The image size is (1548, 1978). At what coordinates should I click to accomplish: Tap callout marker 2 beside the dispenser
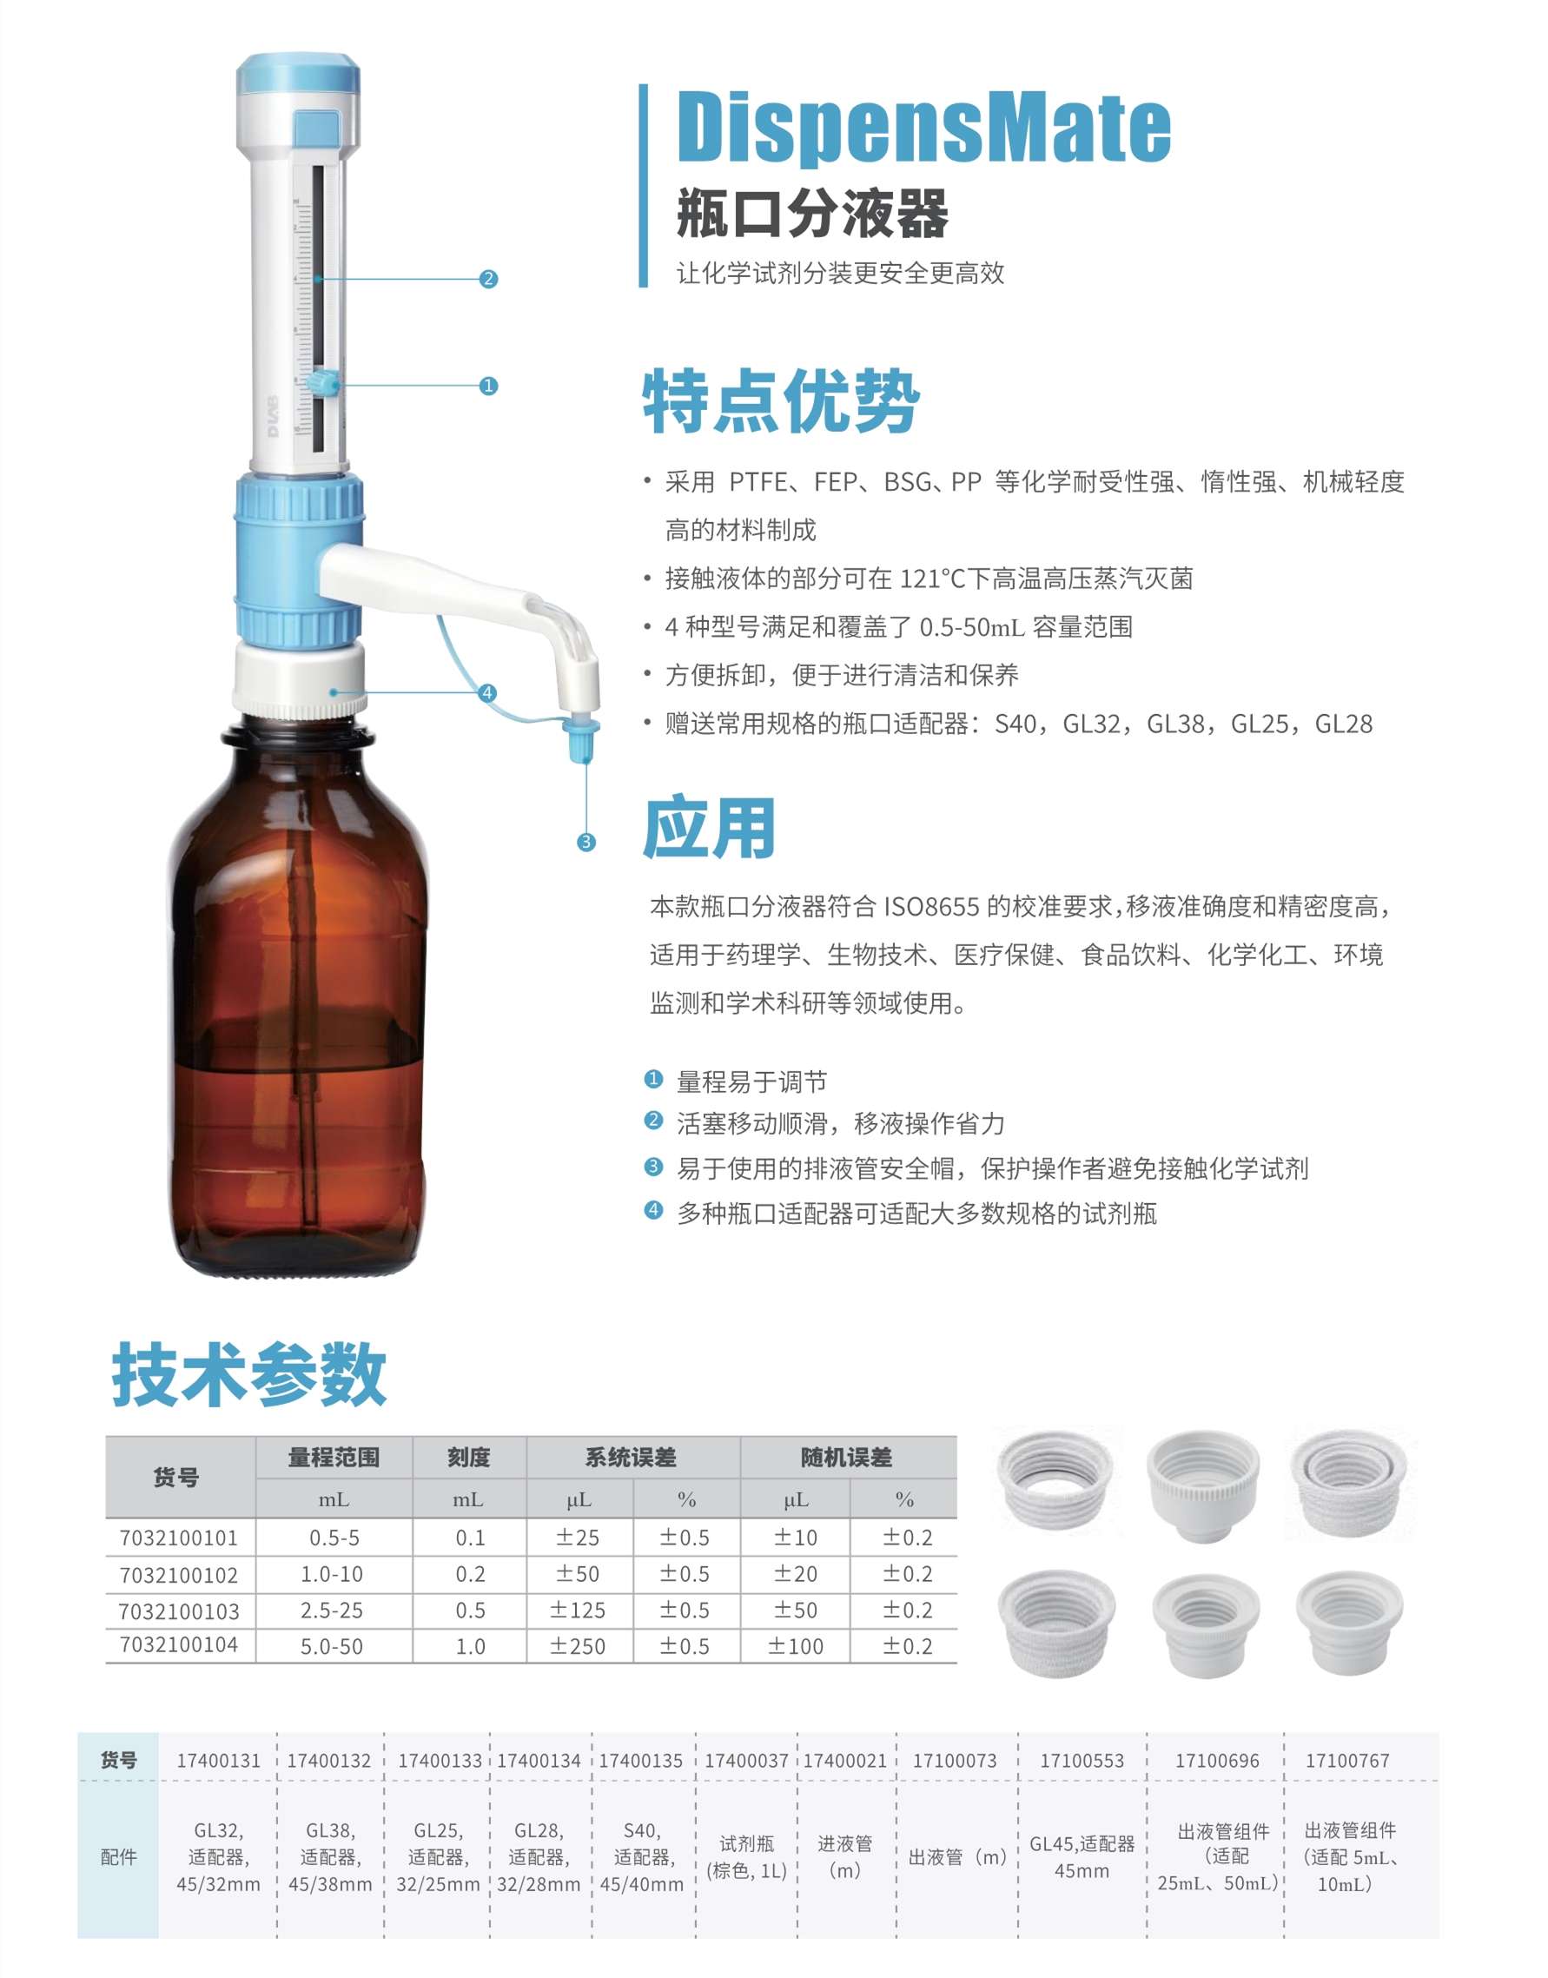tap(488, 279)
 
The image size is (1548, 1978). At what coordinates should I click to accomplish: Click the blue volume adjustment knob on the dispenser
tap(322, 383)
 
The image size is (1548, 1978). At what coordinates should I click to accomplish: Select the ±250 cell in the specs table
tap(579, 1646)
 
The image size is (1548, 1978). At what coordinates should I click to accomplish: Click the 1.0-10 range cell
tap(333, 1574)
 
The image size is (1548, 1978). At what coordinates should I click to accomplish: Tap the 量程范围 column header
tap(334, 1457)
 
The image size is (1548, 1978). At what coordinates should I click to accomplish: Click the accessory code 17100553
tap(1082, 1761)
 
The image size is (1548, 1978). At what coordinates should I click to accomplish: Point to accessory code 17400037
tap(747, 1761)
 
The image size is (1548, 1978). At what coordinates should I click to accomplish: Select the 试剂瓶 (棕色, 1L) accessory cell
tap(747, 1856)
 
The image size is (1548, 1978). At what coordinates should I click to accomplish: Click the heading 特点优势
tap(781, 401)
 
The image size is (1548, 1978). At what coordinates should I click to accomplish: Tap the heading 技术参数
tap(249, 1374)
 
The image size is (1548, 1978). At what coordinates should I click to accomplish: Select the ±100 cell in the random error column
tap(796, 1646)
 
